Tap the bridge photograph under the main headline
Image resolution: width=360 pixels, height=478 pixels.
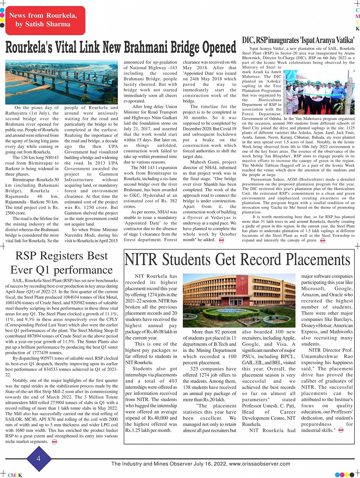[62, 83]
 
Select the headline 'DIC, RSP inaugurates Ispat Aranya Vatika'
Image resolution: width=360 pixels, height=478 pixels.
[298, 40]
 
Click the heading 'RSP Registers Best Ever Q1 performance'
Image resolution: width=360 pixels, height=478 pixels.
[61, 262]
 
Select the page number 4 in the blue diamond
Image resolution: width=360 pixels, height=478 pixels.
[38, 459]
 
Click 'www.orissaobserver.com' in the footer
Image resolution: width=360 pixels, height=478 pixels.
[259, 464]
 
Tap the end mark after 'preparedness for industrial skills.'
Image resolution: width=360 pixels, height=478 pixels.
[341, 430]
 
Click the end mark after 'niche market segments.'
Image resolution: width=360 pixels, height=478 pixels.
[54, 441]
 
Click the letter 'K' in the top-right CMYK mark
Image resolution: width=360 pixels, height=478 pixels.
[357, 29]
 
